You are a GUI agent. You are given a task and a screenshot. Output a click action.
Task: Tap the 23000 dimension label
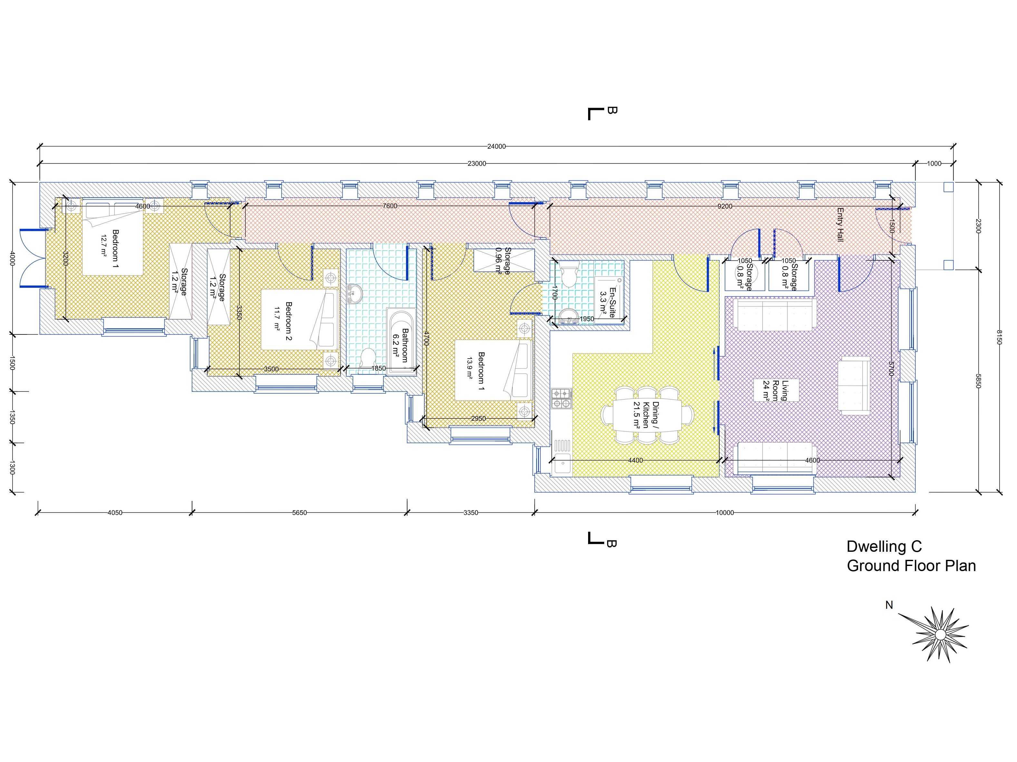pos(477,164)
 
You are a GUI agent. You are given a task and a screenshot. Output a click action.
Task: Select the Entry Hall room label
pos(840,225)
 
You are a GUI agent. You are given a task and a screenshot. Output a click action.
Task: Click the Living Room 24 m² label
pos(776,390)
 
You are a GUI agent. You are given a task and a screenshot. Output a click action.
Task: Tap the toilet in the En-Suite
pos(569,274)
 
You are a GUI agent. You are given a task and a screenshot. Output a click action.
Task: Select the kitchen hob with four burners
pos(561,398)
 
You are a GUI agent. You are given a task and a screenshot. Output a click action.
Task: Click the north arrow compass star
pos(941,634)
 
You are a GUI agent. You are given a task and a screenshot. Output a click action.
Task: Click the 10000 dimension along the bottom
pos(725,513)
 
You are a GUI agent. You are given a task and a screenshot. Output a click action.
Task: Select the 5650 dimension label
pos(299,513)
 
